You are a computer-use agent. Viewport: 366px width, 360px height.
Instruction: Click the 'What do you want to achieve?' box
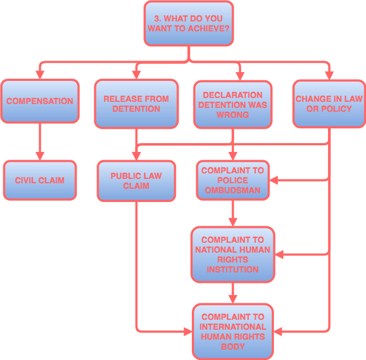pyautogui.click(x=189, y=23)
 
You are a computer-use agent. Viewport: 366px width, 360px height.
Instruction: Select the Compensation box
pyautogui.click(x=40, y=101)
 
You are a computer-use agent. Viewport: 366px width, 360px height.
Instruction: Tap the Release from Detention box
pyautogui.click(x=136, y=104)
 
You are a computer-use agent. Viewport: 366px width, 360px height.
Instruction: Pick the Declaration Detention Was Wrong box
pyautogui.click(x=232, y=105)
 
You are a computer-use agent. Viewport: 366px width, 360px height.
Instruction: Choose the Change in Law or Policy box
pyautogui.click(x=329, y=104)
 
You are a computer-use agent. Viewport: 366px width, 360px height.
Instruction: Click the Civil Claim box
pyautogui.click(x=40, y=181)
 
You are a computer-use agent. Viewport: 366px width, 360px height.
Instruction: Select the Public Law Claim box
pyautogui.click(x=136, y=181)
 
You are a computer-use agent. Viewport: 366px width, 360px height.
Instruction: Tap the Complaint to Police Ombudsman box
pyautogui.click(x=232, y=181)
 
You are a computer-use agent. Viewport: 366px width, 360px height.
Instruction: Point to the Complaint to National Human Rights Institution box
pyautogui.click(x=232, y=255)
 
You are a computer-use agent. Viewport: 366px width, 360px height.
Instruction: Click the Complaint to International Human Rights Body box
pyautogui.click(x=232, y=332)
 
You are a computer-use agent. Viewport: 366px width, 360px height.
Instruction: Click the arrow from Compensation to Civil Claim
pyautogui.click(x=40, y=141)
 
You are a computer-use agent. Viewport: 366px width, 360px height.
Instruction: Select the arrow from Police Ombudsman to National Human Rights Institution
pyautogui.click(x=232, y=214)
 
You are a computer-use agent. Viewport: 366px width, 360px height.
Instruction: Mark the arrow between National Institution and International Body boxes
pyautogui.click(x=232, y=293)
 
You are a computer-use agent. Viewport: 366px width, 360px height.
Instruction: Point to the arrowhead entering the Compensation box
pyautogui.click(x=40, y=75)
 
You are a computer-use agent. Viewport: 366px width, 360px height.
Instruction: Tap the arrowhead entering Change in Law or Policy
pyautogui.click(x=329, y=75)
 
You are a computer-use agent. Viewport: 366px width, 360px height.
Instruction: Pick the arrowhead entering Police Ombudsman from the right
pyautogui.click(x=273, y=179)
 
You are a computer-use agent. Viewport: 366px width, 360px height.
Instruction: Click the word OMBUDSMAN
pyautogui.click(x=232, y=190)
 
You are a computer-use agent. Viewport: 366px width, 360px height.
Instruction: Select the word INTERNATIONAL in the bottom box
pyautogui.click(x=232, y=327)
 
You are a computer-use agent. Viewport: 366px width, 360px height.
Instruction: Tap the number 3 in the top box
pyautogui.click(x=157, y=19)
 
